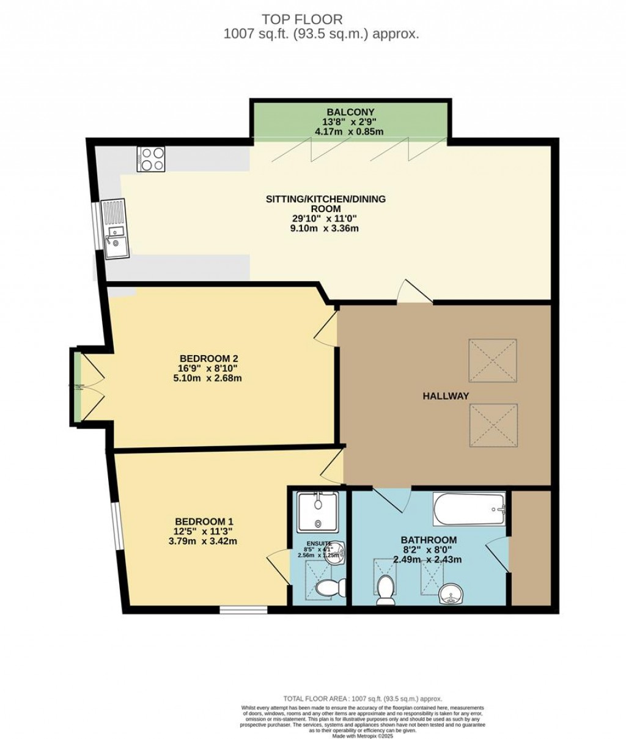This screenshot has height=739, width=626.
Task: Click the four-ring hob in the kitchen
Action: pyautogui.click(x=151, y=159)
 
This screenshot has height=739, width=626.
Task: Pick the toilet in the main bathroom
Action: pyautogui.click(x=386, y=589)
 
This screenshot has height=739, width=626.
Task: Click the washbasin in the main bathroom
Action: pyautogui.click(x=452, y=592)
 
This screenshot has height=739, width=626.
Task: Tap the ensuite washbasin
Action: pyautogui.click(x=340, y=554)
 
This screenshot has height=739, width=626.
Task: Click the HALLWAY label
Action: pyautogui.click(x=446, y=396)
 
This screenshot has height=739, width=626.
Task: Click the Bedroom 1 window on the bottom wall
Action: pyautogui.click(x=243, y=609)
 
